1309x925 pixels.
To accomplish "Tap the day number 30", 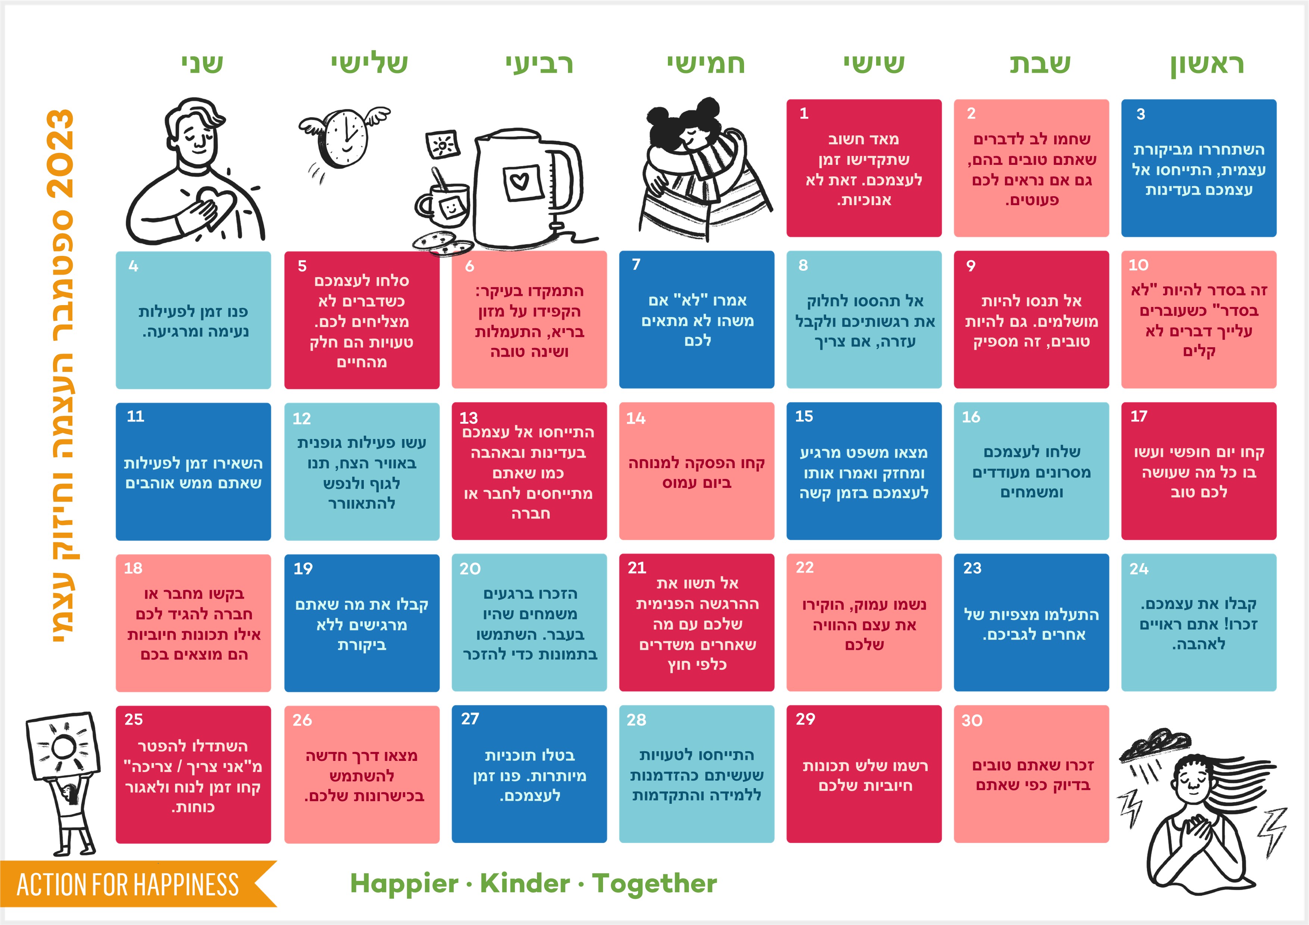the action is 972,720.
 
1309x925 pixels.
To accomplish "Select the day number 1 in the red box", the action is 804,113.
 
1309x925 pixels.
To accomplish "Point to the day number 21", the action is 637,568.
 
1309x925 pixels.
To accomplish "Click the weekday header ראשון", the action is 1207,64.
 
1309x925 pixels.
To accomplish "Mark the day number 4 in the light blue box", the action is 134,266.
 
